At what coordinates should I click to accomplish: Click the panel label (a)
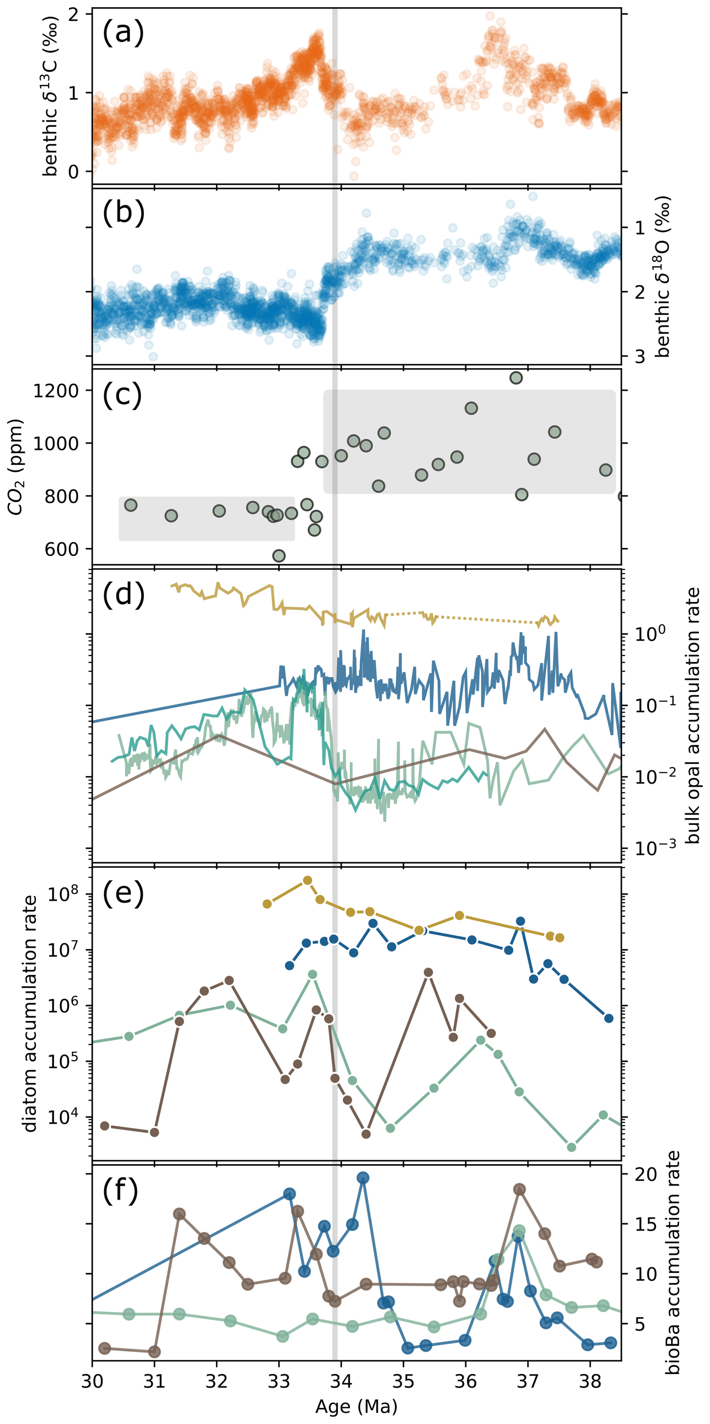(123, 32)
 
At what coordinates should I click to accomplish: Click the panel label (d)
(123, 595)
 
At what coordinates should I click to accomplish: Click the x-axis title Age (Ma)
(357, 1406)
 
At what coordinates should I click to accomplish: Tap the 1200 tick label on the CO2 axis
(56, 391)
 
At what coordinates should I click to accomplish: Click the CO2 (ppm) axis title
(16, 467)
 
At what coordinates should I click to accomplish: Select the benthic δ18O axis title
(662, 276)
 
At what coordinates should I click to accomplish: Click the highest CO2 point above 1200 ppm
(516, 378)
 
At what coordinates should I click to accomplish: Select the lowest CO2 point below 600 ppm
(279, 556)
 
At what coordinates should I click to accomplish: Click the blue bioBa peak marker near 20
(363, 1178)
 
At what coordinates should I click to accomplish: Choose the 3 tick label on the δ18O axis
(640, 357)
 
